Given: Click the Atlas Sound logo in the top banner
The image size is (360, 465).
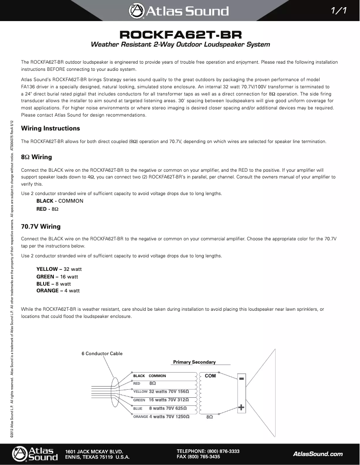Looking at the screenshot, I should coord(179,11).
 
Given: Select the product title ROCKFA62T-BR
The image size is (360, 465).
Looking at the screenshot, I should coord(180,35).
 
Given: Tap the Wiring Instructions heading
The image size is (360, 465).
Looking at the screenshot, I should coord(51,129).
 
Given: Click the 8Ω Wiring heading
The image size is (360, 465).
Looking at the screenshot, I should coord(36,157).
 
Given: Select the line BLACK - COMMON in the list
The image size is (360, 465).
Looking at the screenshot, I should coord(60,201).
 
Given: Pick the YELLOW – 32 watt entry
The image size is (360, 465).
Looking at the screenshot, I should coord(59,269).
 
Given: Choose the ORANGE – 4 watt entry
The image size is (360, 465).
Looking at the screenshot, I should coord(58,291).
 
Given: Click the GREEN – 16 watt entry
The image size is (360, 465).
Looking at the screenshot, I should coord(57,276).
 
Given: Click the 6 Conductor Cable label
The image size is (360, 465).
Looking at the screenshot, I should coord(102,353).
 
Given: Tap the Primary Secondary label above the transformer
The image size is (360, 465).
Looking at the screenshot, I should coord(194,362).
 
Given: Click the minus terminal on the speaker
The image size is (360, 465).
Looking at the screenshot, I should coord(241,379).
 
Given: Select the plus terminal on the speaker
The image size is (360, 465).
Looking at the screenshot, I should coord(241,408).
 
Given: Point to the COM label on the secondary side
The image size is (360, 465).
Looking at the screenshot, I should coord(210,376).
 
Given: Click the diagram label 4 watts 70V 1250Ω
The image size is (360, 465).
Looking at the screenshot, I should coord(169,417).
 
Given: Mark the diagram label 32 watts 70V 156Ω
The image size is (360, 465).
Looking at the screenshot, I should coord(169,391).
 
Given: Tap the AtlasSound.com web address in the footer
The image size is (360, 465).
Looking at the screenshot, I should coord(318,454).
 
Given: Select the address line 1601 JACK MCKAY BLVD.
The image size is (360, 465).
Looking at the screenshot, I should coord(94,451).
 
